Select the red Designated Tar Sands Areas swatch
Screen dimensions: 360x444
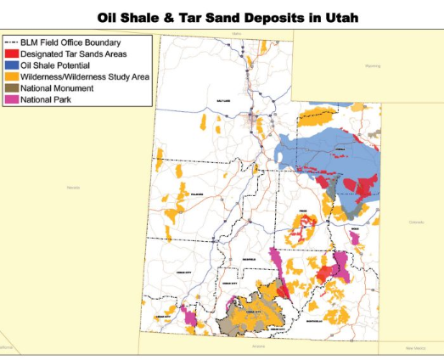(x=13, y=53)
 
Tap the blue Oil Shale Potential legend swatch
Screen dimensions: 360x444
(x=13, y=65)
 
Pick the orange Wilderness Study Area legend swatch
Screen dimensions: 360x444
(x=13, y=76)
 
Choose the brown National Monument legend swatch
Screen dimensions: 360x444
(x=13, y=87)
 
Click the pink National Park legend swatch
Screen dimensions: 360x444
(x=13, y=99)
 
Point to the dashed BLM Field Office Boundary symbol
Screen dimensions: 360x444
(x=13, y=42)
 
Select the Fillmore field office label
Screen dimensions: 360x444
(x=200, y=194)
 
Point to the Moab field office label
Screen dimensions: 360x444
(x=355, y=228)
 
